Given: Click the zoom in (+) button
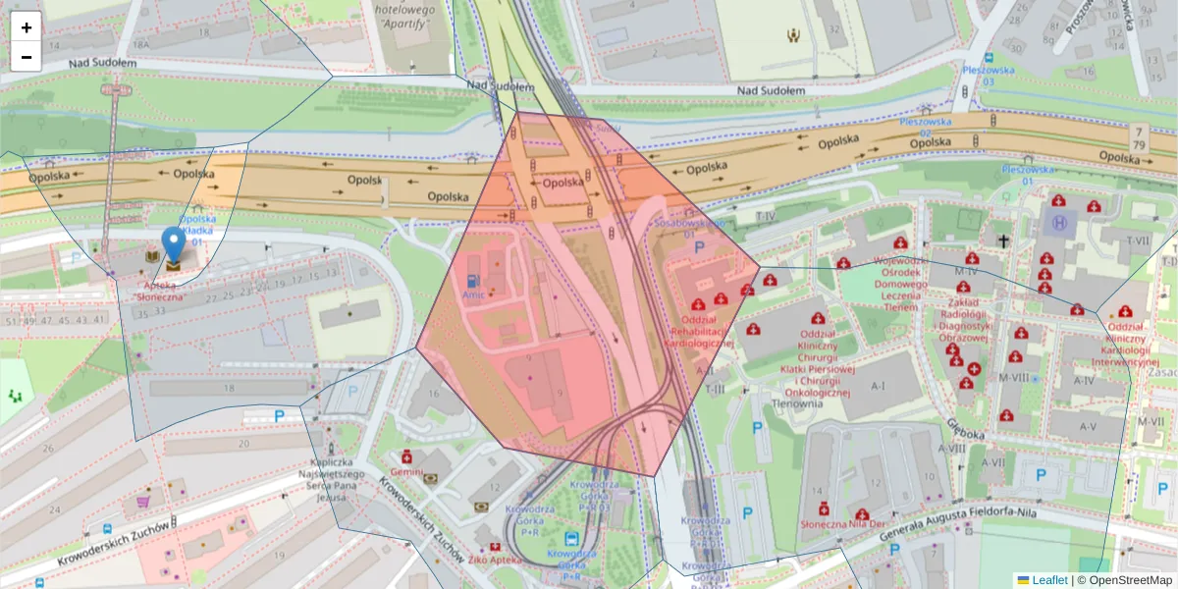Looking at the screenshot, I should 27,27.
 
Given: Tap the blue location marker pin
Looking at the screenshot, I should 173,245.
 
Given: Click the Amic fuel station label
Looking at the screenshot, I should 474,294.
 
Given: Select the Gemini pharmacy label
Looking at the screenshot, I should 406,472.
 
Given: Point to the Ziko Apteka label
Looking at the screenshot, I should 493,560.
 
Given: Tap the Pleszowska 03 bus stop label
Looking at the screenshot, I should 987,76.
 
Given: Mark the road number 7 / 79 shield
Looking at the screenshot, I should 1139,137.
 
